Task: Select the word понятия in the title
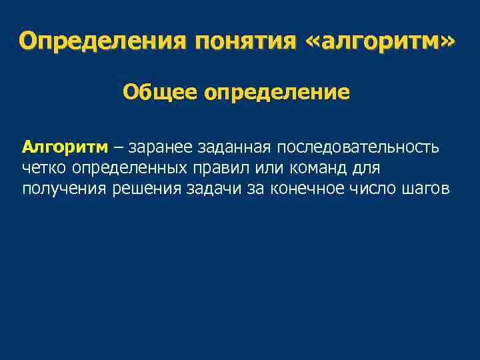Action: (244, 41)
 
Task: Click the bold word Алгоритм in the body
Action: (65, 146)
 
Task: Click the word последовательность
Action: (358, 146)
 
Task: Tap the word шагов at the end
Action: (427, 189)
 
